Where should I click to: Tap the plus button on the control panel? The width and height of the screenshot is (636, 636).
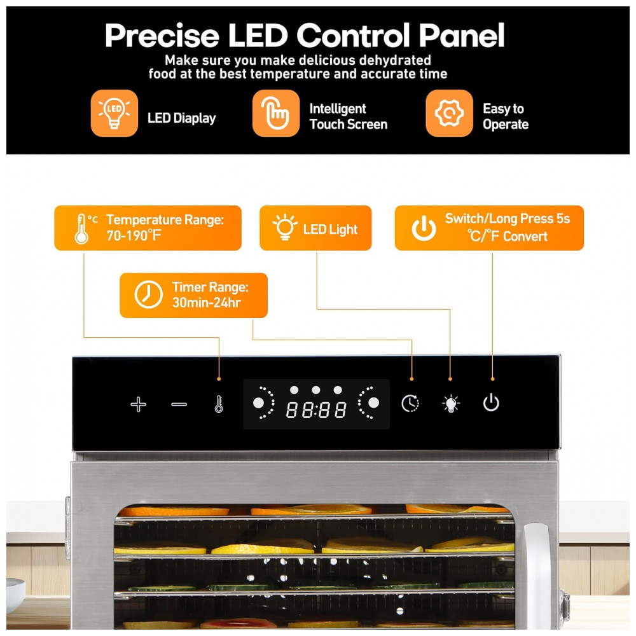(138, 404)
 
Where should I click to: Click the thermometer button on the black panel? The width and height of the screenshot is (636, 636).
(219, 404)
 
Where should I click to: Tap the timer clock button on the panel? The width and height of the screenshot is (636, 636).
(410, 404)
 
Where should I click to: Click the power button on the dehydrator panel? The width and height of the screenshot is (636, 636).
(491, 403)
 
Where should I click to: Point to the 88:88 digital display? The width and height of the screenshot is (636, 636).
(316, 410)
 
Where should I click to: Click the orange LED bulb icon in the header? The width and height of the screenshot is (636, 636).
(114, 113)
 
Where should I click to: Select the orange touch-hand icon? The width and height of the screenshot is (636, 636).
(276, 113)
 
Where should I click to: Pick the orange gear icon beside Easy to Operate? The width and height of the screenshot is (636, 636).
(450, 113)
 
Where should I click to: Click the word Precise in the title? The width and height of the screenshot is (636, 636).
(162, 36)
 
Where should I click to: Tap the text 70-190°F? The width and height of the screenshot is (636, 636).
(134, 235)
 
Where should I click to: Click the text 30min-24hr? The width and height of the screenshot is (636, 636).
(207, 303)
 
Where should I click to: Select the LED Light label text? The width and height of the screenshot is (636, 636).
(330, 230)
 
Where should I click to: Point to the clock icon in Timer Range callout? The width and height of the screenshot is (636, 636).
(148, 294)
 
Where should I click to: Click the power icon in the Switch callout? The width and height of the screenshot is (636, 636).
(424, 228)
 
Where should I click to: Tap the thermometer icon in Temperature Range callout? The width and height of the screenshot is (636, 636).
(82, 229)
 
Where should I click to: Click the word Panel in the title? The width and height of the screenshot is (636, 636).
(462, 36)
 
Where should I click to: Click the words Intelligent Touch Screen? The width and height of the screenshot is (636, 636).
(349, 116)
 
